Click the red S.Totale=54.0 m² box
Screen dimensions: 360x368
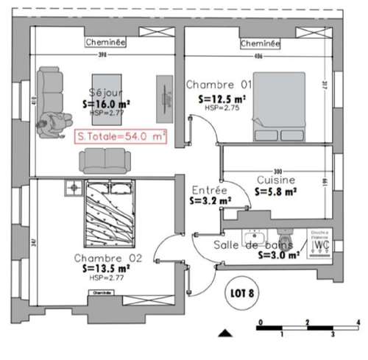click(x=122, y=136)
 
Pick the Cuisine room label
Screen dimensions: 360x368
click(x=276, y=180)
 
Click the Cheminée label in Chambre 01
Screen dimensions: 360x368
click(x=261, y=44)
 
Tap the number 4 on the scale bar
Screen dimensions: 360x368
click(x=356, y=323)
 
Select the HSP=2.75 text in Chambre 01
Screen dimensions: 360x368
click(x=219, y=107)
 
